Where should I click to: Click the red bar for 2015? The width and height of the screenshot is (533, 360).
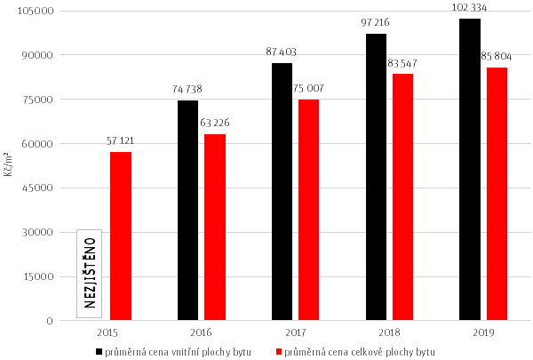coord(121,236)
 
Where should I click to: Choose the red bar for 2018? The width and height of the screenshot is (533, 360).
coord(402,196)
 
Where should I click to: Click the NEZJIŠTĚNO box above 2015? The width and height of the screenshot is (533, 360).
coord(90,274)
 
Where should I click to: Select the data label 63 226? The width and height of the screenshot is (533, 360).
coord(216,123)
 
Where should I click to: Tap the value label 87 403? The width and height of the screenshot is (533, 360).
coord(283,52)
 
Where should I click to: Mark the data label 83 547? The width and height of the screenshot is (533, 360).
coord(402,63)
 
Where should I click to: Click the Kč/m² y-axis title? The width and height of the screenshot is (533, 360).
coord(9,165)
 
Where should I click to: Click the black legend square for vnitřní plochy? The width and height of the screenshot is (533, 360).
coord(99,352)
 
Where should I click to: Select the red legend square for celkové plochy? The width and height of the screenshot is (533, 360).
coord(278,352)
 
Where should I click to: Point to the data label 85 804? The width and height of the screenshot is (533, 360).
coord(497,57)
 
